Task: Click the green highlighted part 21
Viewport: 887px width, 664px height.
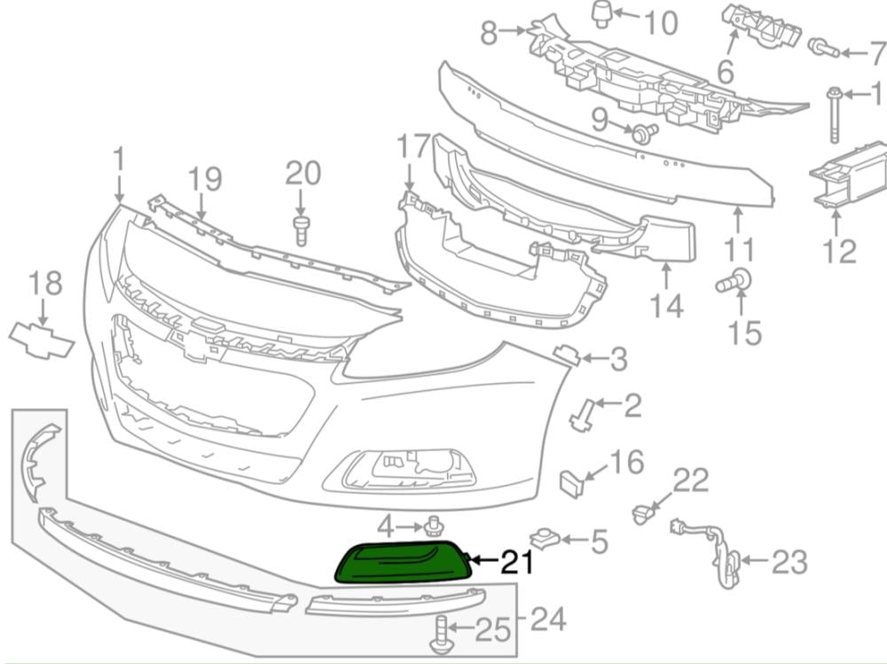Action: point(404,562)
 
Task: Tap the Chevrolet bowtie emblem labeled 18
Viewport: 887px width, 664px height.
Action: point(42,340)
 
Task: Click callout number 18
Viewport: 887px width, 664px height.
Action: point(45,283)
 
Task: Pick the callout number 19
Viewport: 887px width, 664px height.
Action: point(204,179)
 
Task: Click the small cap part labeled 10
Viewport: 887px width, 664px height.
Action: point(602,13)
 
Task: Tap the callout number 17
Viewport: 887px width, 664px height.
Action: point(413,146)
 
